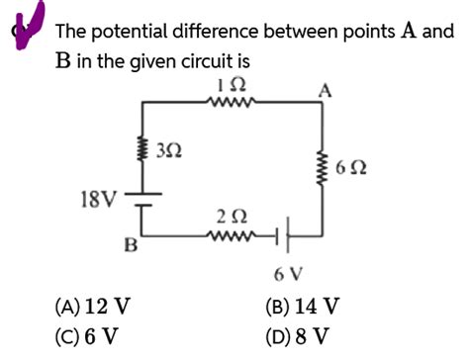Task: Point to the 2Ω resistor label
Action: point(231,216)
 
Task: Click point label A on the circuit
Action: point(324,91)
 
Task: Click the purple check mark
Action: point(22,18)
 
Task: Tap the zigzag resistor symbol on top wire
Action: point(232,99)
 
